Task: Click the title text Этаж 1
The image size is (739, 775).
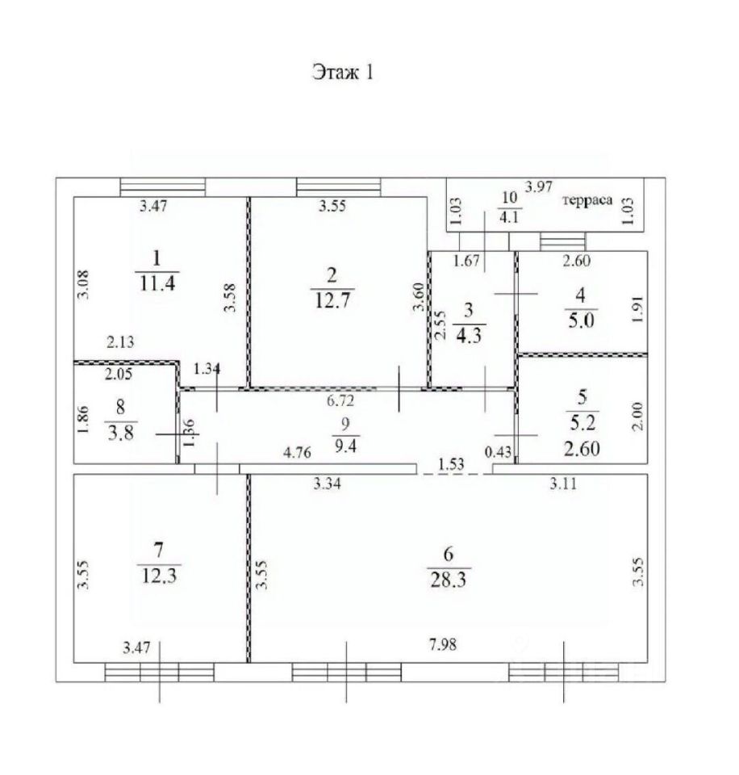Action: pyautogui.click(x=343, y=73)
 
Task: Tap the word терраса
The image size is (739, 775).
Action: pyautogui.click(x=587, y=200)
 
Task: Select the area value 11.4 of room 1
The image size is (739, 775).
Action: pyautogui.click(x=157, y=284)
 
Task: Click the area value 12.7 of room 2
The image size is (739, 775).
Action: pyautogui.click(x=332, y=300)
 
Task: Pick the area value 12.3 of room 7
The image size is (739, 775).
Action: pyautogui.click(x=159, y=576)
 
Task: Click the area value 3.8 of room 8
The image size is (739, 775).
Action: pyautogui.click(x=120, y=433)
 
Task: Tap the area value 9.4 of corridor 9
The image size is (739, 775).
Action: pyautogui.click(x=345, y=446)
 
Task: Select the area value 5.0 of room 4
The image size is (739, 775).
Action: pyautogui.click(x=581, y=320)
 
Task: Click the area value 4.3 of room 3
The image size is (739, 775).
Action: pyautogui.click(x=468, y=336)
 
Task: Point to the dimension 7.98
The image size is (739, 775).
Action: pyautogui.click(x=443, y=644)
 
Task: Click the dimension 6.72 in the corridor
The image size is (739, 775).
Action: pyautogui.click(x=340, y=400)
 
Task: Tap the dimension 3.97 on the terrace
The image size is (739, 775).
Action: pyautogui.click(x=538, y=186)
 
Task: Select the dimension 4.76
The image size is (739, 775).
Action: pyautogui.click(x=297, y=452)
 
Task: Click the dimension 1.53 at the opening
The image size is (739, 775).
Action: pyautogui.click(x=451, y=464)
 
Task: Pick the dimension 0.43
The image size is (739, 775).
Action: pyautogui.click(x=498, y=451)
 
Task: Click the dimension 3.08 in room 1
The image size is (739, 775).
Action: pyautogui.click(x=83, y=284)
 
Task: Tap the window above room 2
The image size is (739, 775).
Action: pyautogui.click(x=339, y=187)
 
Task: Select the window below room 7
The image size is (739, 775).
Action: pyautogui.click(x=159, y=672)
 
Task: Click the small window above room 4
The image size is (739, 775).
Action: pyautogui.click(x=562, y=241)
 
